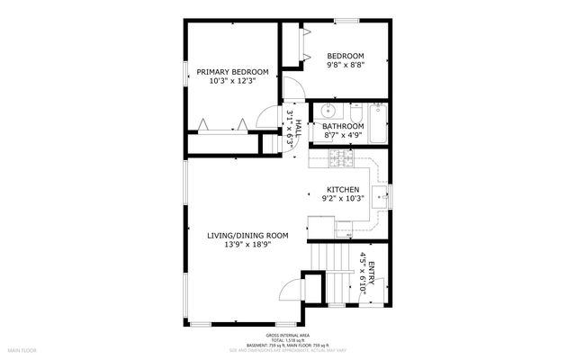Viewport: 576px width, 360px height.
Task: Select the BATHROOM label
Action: click(343, 127)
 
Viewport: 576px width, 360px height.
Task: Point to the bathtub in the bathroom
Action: click(378, 125)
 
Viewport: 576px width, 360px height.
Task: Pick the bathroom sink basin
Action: click(326, 112)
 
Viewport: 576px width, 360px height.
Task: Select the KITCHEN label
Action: click(343, 189)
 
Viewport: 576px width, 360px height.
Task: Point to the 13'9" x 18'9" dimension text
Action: click(247, 245)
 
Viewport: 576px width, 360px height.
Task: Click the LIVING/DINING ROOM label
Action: click(247, 236)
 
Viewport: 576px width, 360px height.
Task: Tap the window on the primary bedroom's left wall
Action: click(186, 76)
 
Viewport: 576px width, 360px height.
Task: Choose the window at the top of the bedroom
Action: click(346, 21)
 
